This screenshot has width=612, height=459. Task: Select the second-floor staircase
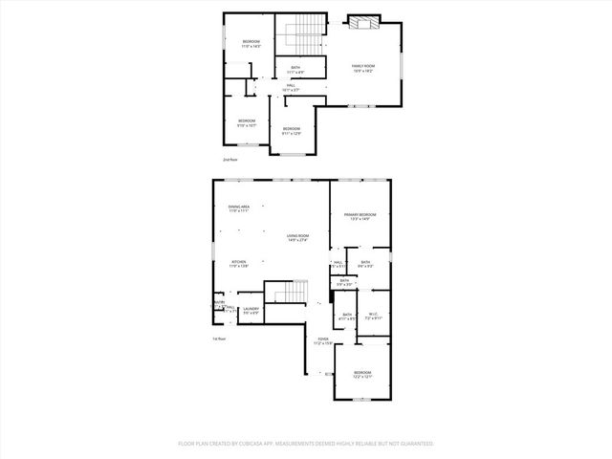coord(303,35)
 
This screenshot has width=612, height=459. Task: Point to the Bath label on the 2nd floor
coord(296,69)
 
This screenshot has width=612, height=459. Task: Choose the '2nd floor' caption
coord(229,160)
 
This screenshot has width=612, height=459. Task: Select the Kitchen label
coord(239,263)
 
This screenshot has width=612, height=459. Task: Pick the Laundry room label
coord(251,310)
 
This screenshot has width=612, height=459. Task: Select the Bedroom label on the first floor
coord(361,374)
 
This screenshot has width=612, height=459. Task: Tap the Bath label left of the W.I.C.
coord(346,317)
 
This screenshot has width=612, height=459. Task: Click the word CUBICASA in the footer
coord(259,444)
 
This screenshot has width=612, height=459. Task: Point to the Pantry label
coord(219,302)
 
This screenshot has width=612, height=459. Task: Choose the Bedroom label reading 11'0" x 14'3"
coord(251,43)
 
